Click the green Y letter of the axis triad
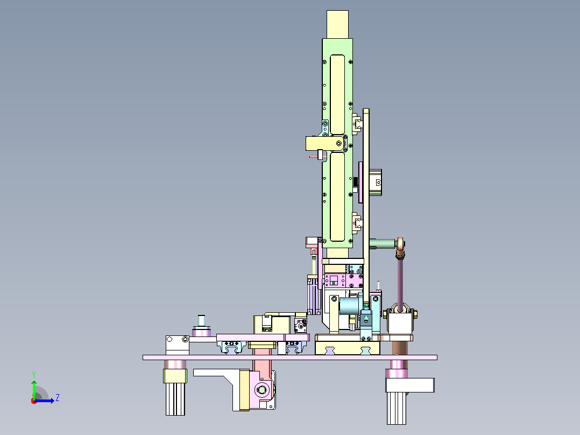[34, 374]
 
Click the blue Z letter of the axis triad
[58, 398]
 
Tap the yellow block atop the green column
[337, 24]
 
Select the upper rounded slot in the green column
[337, 95]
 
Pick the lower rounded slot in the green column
[337, 197]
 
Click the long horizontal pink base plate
[290, 357]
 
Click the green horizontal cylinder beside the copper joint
[382, 243]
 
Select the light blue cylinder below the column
[349, 306]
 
